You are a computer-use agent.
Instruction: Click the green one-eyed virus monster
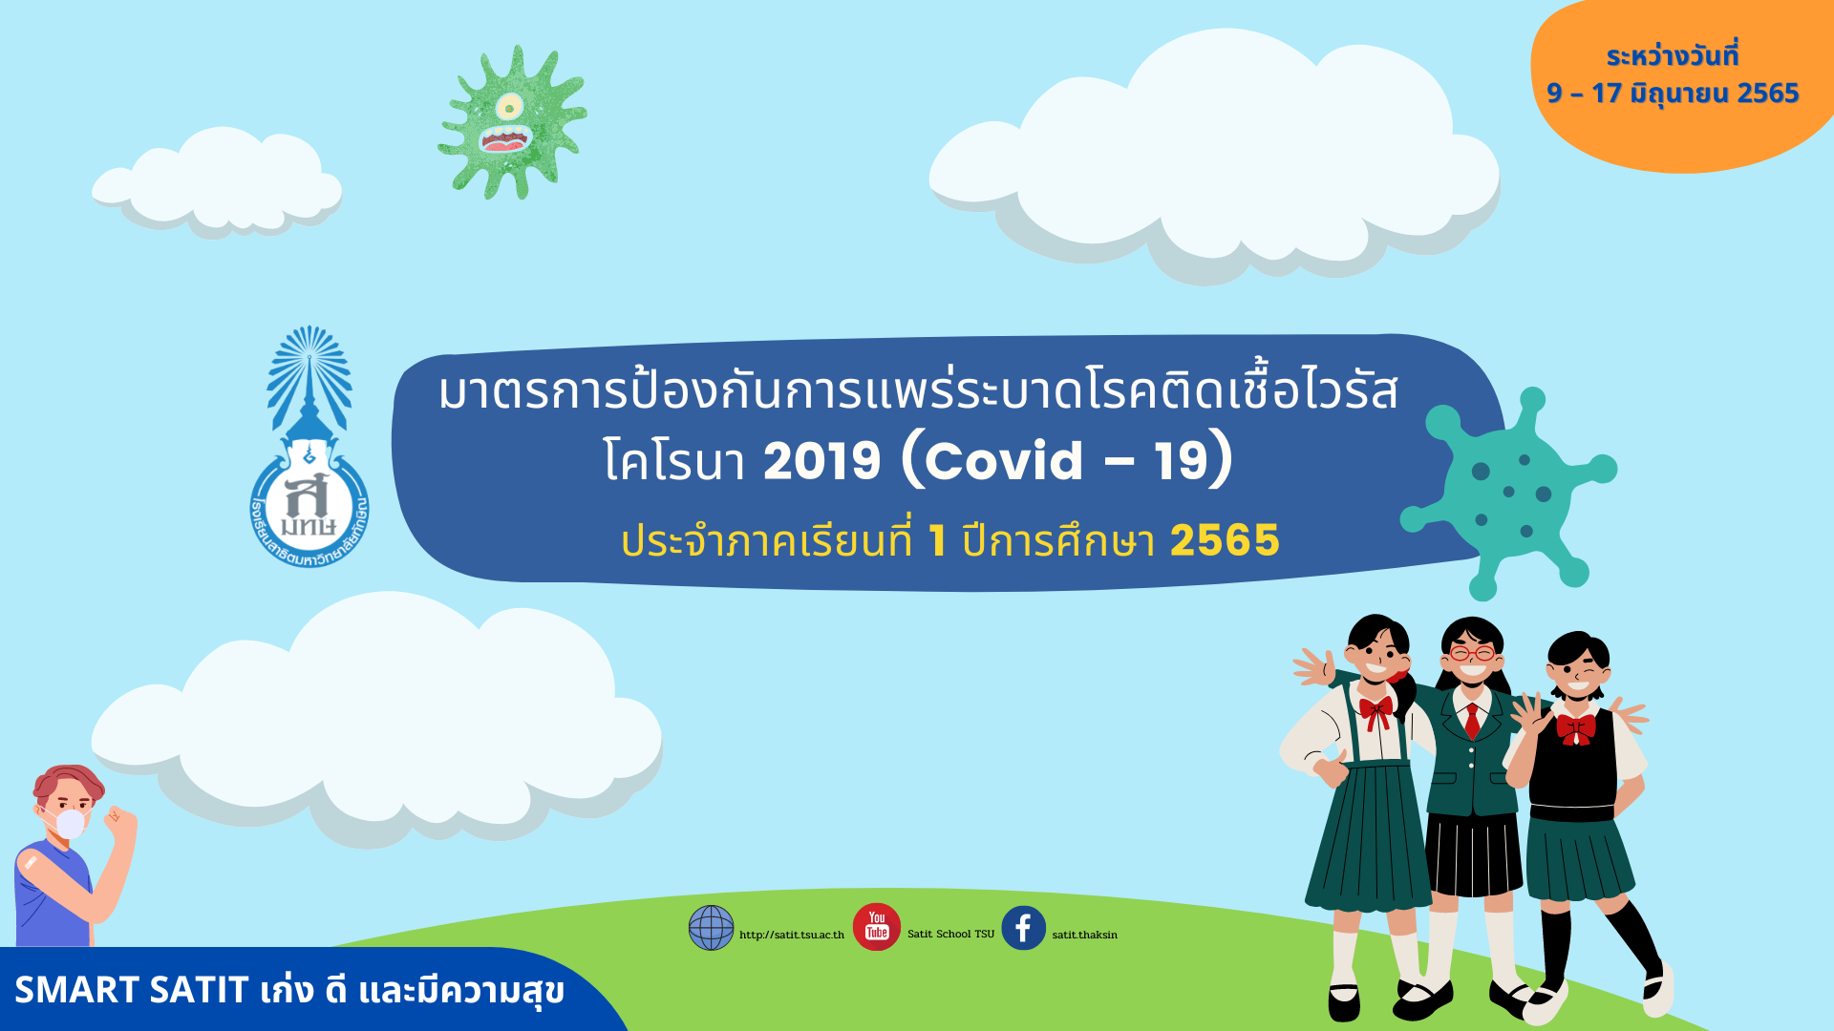513,122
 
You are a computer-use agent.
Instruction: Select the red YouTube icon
877,927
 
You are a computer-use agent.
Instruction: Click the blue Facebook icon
1023,928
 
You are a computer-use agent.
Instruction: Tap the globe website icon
712,928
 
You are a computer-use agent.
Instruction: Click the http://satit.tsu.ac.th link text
792,935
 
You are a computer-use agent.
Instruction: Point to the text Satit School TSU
950,934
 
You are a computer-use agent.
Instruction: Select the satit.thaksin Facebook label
1084,935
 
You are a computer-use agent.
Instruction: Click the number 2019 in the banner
821,462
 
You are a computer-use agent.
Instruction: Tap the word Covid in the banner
1004,461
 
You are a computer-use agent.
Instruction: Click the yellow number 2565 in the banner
1225,540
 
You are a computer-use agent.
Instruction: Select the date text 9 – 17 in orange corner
1585,94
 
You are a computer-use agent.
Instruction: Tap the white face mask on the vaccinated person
69,823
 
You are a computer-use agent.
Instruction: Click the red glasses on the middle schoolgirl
1472,654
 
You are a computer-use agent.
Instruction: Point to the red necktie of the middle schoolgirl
1473,722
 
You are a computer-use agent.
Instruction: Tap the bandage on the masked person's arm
31,862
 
